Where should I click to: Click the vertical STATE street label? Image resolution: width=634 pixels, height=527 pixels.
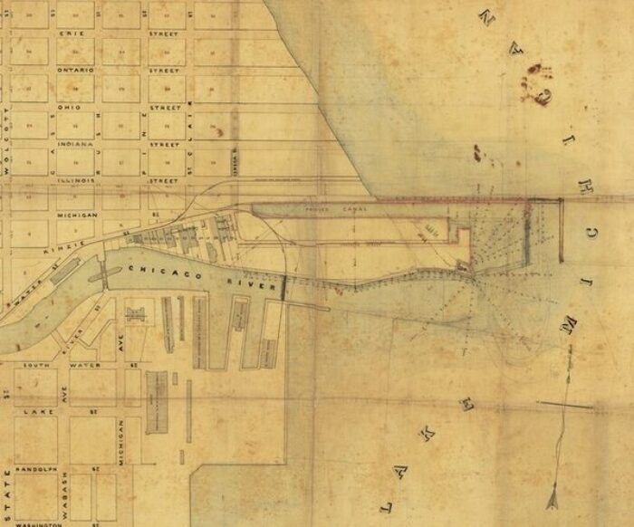(7, 489)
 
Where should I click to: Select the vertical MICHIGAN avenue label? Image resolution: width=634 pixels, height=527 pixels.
(120, 443)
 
